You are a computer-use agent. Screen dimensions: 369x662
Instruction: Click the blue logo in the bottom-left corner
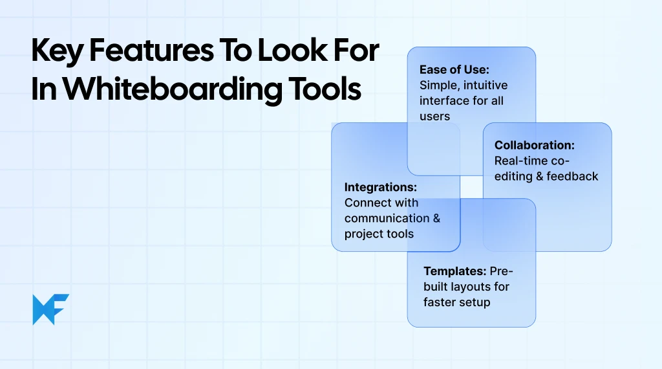[x=50, y=309]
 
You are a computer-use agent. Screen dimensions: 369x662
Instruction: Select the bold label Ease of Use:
[x=454, y=70]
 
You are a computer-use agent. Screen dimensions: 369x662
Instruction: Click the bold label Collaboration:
[x=534, y=146]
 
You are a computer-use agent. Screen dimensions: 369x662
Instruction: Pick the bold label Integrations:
[x=380, y=187]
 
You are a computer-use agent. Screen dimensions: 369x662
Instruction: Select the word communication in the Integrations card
[x=387, y=218]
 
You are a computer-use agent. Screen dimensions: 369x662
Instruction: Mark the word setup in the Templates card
[x=475, y=302]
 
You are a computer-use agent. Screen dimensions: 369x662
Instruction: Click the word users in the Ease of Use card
[x=434, y=117]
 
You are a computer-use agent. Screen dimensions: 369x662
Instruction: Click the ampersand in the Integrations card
[x=436, y=218]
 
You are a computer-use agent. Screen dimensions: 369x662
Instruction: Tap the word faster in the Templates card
[x=440, y=302]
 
